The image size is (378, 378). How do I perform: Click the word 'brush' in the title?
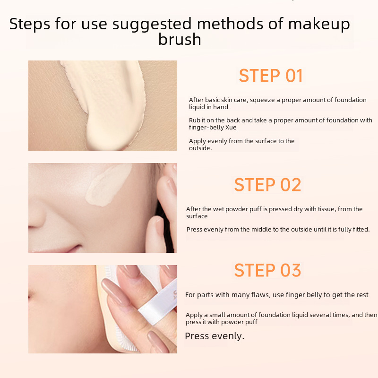pos(180,39)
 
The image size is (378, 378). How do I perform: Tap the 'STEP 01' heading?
pos(270,76)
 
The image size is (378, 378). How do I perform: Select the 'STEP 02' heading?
pos(267,185)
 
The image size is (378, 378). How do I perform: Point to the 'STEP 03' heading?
pos(267,270)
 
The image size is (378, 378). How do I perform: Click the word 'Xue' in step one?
pos(231,127)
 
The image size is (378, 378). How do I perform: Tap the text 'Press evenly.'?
pos(215,336)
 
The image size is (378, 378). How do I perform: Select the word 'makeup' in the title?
pos(319,24)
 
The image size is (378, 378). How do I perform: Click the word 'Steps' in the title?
pos(30,24)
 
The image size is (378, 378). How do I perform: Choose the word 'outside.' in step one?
pos(200,148)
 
